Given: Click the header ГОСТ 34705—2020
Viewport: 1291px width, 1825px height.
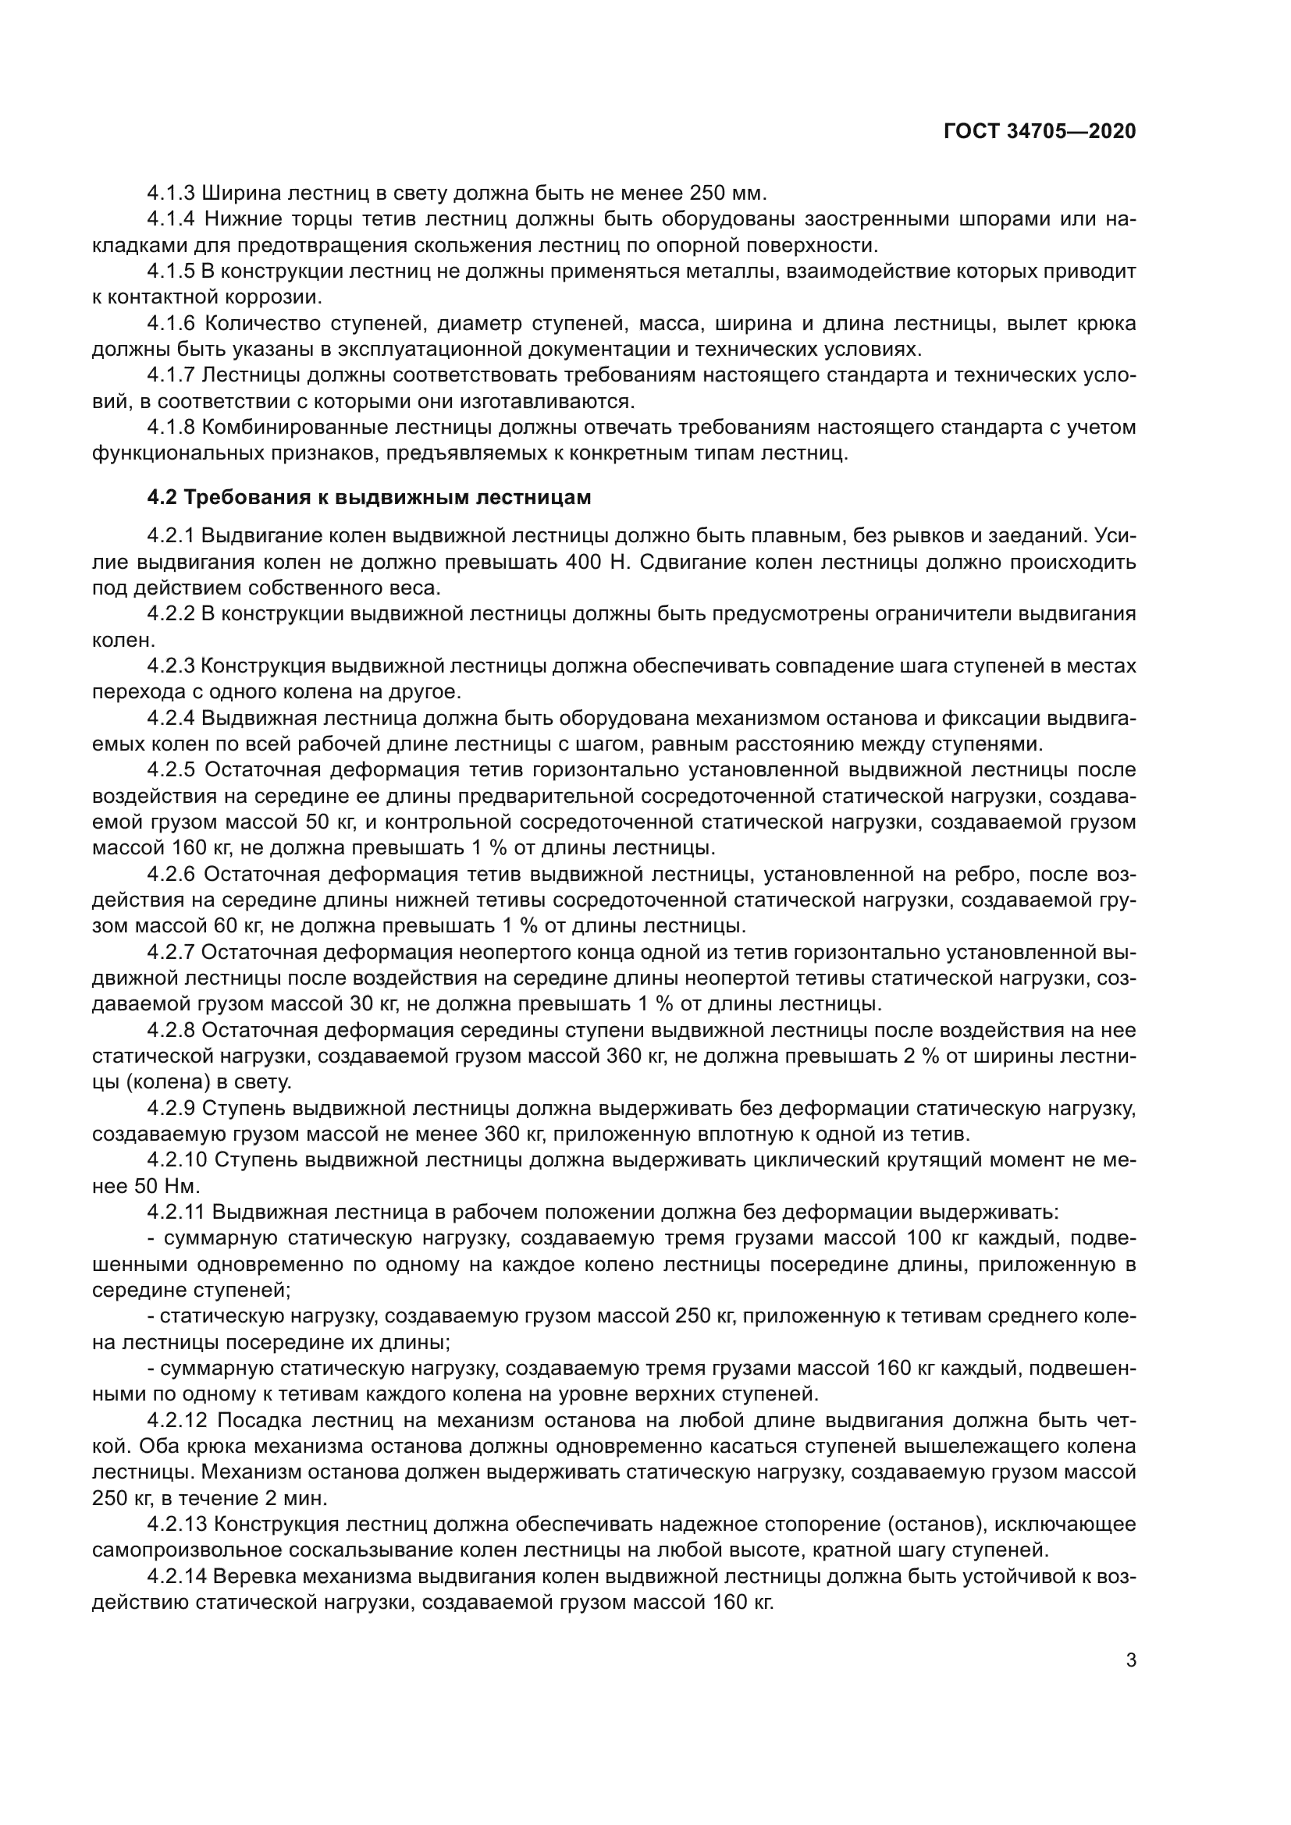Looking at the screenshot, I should pos(1039,131).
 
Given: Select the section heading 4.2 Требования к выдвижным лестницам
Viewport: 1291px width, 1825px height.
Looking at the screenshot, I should pos(369,498).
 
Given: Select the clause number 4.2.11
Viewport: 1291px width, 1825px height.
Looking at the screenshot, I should pos(176,1213).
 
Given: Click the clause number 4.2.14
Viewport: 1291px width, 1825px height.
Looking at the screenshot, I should pos(176,1577).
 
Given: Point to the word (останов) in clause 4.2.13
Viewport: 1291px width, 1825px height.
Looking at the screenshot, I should pos(932,1525).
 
